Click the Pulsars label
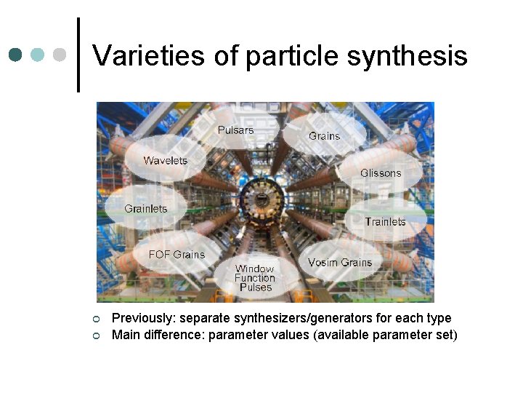coord(236,130)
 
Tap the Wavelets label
coord(165,161)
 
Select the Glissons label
coord(381,173)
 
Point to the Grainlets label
coord(145,209)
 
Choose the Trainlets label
coord(385,221)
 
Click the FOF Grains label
coord(177,255)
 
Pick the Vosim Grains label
coord(339,262)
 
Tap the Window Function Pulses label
coord(254,277)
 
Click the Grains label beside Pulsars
coord(324,136)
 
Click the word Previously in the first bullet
coord(143,318)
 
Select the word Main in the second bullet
coord(125,335)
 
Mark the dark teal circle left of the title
coord(16,55)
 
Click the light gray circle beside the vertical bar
coord(60,55)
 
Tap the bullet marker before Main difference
coord(96,336)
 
